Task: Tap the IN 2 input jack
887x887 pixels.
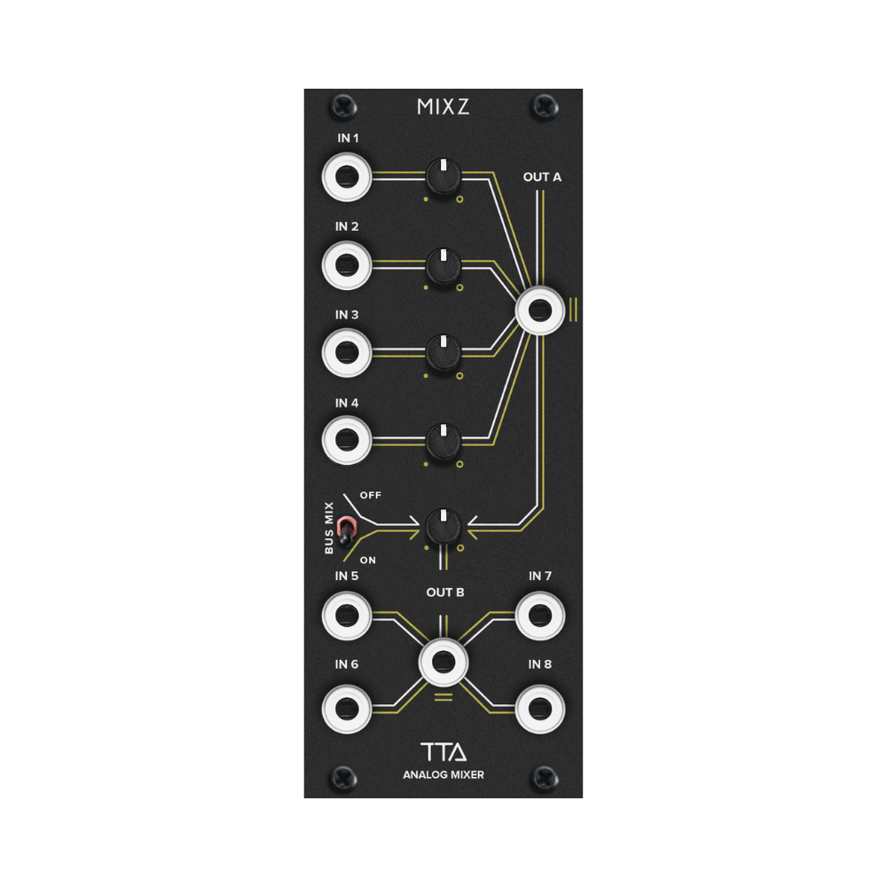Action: coord(346,263)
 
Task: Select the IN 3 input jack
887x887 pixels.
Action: coord(346,351)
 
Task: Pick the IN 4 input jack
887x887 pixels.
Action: coord(346,439)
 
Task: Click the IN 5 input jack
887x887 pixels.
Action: coord(346,615)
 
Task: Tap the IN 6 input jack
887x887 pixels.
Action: coord(346,706)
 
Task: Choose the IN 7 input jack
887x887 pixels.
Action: coord(540,615)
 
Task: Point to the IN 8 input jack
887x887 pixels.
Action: coord(540,706)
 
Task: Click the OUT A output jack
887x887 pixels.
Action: coord(540,310)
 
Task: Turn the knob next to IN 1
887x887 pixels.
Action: coord(443,175)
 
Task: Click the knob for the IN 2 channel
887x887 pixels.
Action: coord(443,263)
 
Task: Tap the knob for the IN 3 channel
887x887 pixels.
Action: coord(443,351)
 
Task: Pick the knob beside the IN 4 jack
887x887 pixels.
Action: coord(443,439)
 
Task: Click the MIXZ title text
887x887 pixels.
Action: coord(443,108)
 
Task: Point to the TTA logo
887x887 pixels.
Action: coord(443,753)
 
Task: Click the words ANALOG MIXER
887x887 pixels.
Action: coord(443,775)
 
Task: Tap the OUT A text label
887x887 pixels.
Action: coord(542,177)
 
